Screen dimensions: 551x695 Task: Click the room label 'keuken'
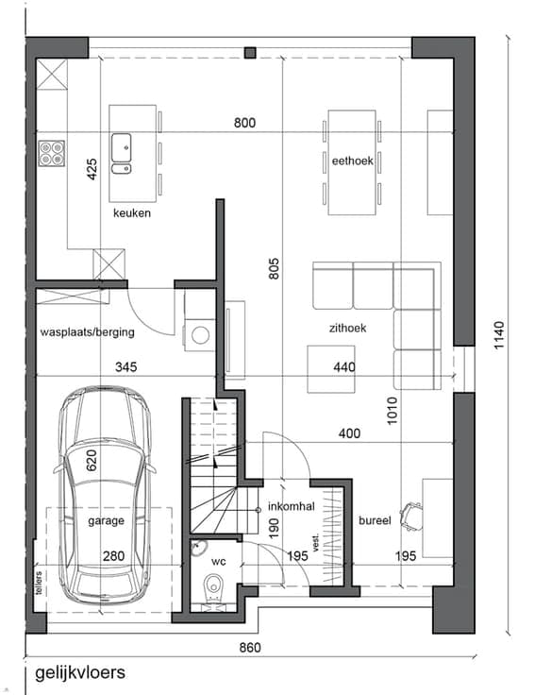pos(131,213)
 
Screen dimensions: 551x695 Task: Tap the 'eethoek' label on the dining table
pos(353,161)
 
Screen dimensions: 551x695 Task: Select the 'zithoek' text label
pos(348,328)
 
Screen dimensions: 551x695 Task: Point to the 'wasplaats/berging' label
pos(87,332)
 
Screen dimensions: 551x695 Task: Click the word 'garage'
pos(106,521)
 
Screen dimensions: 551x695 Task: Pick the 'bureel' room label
pos(375,520)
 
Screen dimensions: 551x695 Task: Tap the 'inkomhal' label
pos(291,506)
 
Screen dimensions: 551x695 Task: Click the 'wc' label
pos(218,562)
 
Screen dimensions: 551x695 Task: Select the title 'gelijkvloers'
pos(80,673)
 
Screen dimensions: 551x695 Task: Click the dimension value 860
pos(250,648)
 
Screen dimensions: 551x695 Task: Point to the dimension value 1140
pos(499,335)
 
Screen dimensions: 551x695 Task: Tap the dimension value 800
pos(244,123)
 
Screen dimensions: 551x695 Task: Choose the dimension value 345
pos(125,367)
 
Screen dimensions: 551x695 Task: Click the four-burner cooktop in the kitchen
pos(52,153)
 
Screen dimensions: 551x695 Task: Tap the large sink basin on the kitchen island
pos(121,147)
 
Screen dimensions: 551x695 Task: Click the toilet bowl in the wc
pos(214,585)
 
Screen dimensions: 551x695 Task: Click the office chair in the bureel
pos(411,517)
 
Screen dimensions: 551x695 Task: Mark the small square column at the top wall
pos(250,53)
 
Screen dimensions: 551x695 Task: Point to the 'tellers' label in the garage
pos(39,583)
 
